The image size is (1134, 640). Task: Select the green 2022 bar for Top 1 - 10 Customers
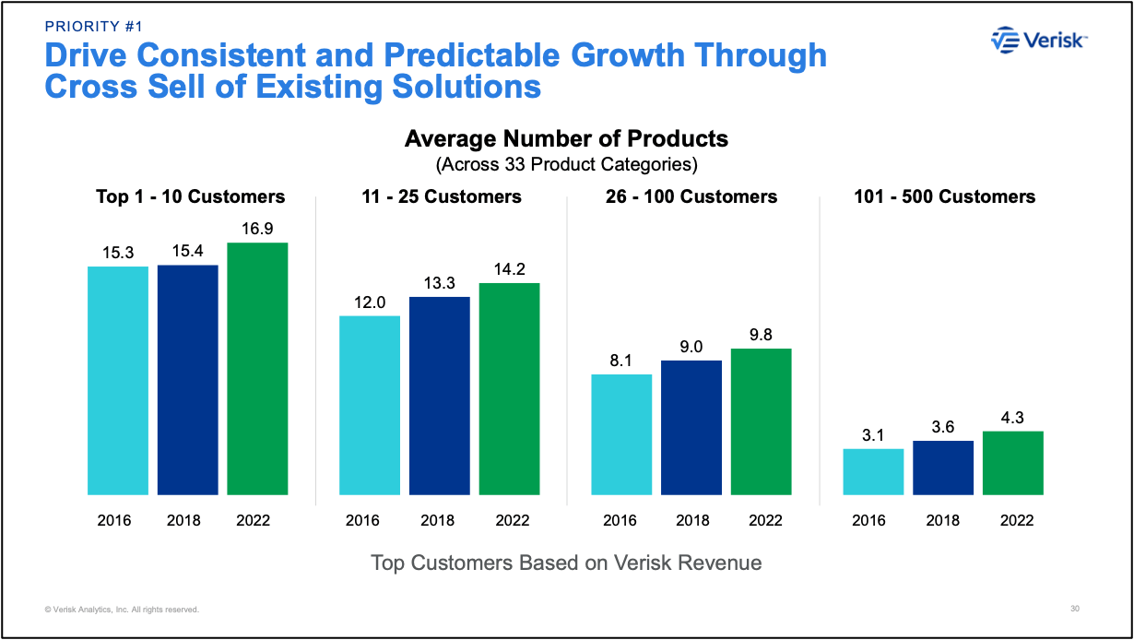coord(257,369)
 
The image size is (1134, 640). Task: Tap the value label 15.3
coord(118,252)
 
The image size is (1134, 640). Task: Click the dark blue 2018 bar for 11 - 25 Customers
coord(439,396)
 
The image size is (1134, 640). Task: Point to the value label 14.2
coord(509,268)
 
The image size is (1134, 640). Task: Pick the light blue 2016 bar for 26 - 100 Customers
coord(620,434)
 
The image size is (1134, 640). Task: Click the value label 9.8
coord(761,334)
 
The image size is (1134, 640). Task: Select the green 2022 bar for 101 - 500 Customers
coord(1012,463)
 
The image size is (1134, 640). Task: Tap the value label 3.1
coord(873,434)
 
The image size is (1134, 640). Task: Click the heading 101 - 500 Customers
coord(943,196)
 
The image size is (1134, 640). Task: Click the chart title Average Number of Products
coord(566,139)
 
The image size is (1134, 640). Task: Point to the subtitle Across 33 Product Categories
coord(566,165)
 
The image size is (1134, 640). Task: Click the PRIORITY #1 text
coord(94,26)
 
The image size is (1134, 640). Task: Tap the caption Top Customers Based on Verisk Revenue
coord(566,562)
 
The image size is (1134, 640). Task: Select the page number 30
coord(1075,609)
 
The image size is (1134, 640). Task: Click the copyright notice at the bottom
coord(122,610)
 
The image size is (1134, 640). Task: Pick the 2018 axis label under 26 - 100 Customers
coord(691,520)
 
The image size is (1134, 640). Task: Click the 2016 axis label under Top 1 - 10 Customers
coord(114,520)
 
